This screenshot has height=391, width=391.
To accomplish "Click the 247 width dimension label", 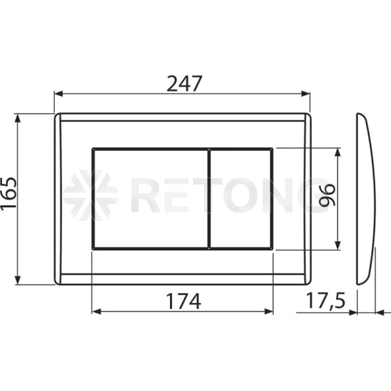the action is pyautogui.click(x=184, y=84).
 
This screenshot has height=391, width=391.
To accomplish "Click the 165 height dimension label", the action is pyautogui.click(x=9, y=194).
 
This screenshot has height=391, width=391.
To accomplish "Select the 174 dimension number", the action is pyautogui.click(x=183, y=301).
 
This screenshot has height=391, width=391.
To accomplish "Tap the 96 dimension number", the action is pyautogui.click(x=327, y=195).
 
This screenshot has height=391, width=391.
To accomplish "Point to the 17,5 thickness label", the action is pyautogui.click(x=325, y=301).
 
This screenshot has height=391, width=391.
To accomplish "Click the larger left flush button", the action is pyautogui.click(x=151, y=199).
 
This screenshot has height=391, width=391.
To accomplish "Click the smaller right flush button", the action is pyautogui.click(x=240, y=199).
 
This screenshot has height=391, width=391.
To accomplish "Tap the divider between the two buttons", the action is pyautogui.click(x=209, y=199).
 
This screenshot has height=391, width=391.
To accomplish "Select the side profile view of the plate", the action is pyautogui.click(x=366, y=199).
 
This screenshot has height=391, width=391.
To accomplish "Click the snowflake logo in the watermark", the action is pyautogui.click(x=91, y=195).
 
